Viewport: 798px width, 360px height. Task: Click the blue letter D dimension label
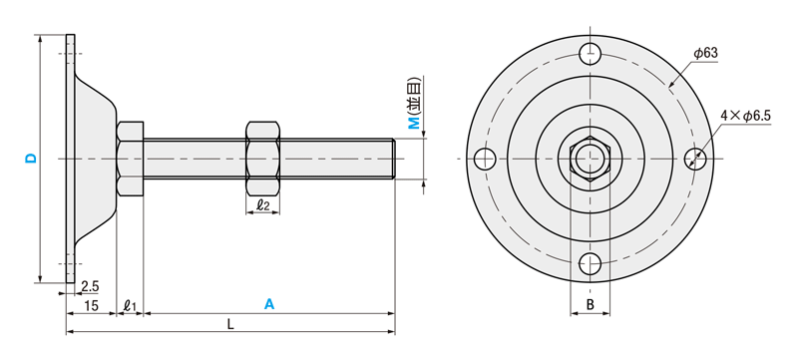(x=32, y=159)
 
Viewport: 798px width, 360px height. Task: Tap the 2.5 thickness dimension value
(x=90, y=287)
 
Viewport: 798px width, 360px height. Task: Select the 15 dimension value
(x=92, y=305)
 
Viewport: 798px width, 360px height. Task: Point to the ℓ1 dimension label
(x=131, y=305)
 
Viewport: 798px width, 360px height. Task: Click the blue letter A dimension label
(x=269, y=304)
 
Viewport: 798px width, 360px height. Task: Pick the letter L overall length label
(x=230, y=324)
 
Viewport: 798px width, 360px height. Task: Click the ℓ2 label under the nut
(x=262, y=205)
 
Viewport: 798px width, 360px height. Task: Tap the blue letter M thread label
(x=415, y=123)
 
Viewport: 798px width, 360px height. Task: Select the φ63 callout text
(x=705, y=53)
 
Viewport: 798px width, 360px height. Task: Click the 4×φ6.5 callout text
(x=745, y=116)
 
